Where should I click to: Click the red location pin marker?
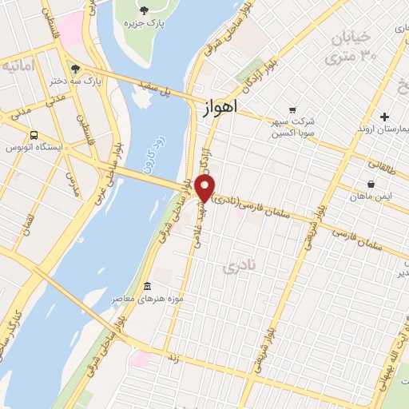(204, 189)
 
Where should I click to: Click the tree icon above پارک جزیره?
(144, 10)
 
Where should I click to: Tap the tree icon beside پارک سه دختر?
(74, 69)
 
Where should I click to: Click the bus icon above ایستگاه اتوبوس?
(34, 135)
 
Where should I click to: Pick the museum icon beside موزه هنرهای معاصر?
(147, 287)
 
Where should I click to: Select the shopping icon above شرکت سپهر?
(292, 110)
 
